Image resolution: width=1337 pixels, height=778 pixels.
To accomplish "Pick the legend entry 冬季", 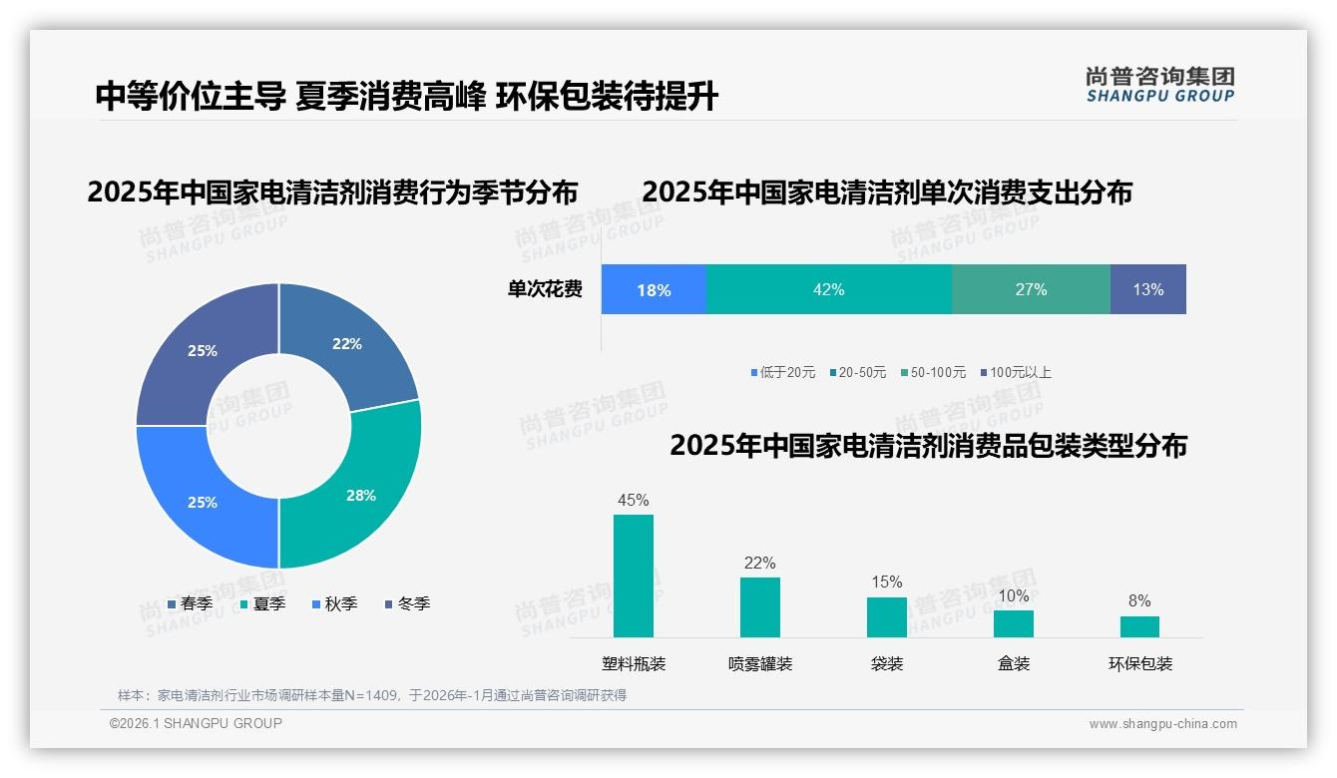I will pyautogui.click(x=408, y=603).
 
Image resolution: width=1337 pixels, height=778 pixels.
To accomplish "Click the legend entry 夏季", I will pyautogui.click(x=263, y=603).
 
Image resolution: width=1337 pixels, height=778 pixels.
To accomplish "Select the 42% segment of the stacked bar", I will pyautogui.click(x=828, y=289).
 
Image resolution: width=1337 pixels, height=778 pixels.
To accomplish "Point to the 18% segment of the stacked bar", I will pyautogui.click(x=654, y=290).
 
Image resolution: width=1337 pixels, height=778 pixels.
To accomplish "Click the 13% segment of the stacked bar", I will pyautogui.click(x=1147, y=289).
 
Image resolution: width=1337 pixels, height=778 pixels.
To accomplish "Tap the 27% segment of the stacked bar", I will pyautogui.click(x=1031, y=289).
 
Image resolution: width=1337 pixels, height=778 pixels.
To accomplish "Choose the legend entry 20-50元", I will pyautogui.click(x=857, y=372).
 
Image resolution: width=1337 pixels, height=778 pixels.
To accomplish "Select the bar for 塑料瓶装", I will pyautogui.click(x=634, y=576).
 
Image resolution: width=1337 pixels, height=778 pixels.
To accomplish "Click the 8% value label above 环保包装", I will pyautogui.click(x=1139, y=600).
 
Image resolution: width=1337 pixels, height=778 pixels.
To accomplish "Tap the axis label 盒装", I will pyautogui.click(x=1014, y=663).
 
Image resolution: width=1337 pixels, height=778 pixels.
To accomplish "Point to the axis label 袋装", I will pyautogui.click(x=887, y=663).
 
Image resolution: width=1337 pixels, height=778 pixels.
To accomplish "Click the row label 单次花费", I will pyautogui.click(x=545, y=289).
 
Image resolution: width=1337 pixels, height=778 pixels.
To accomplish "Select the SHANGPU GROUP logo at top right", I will pyautogui.click(x=1159, y=84).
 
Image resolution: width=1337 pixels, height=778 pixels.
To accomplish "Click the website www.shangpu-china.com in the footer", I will pyautogui.click(x=1162, y=724).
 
